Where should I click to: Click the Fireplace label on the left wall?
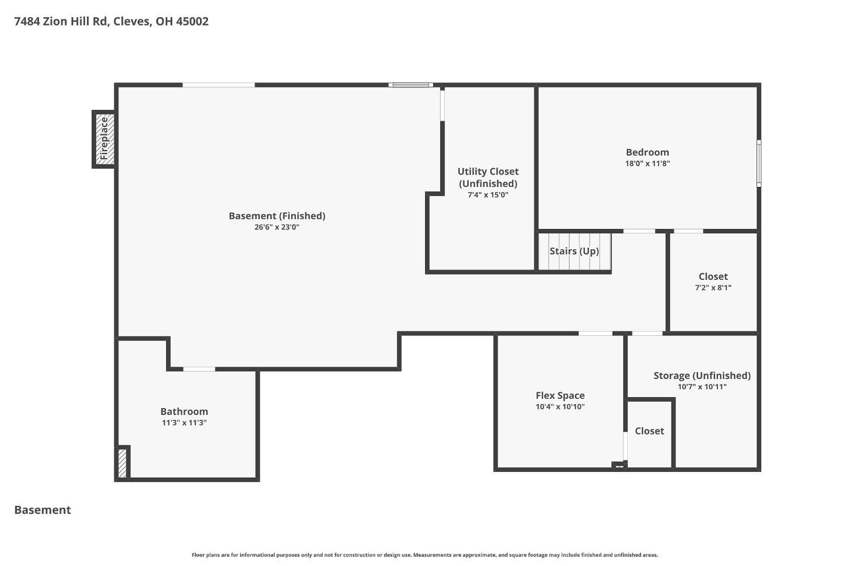point(104,138)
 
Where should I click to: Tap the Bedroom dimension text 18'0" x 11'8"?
point(647,164)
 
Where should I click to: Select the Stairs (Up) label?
point(574,251)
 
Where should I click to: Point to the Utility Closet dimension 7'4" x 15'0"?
point(487,195)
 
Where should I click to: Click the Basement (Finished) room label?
point(277,216)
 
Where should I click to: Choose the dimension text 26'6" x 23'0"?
point(277,227)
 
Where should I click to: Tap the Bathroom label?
point(184,411)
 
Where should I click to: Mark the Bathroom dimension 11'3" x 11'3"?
point(184,423)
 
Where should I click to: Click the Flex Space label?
point(560,395)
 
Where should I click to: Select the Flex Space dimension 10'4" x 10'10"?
point(560,407)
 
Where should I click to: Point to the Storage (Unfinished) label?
point(702,376)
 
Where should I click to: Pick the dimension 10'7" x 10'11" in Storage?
point(702,387)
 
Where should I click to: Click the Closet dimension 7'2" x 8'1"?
point(713,288)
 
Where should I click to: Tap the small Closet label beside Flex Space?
point(649,431)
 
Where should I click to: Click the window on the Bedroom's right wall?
point(759,164)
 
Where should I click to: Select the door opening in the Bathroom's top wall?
point(199,369)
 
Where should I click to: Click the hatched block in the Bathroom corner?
point(122,463)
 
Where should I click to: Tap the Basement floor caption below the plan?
point(42,510)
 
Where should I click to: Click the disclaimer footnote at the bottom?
point(424,555)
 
